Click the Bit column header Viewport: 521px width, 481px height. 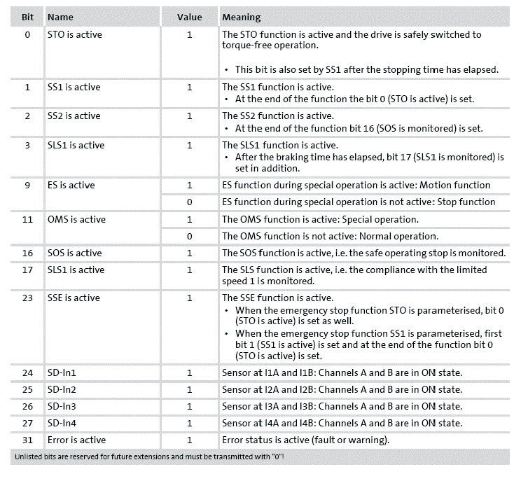27,17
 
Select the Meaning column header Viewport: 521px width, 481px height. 242,17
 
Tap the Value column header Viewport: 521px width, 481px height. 189,17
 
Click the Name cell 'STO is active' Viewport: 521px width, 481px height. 74,34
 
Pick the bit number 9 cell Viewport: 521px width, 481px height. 27,186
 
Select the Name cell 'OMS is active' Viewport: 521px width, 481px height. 76,219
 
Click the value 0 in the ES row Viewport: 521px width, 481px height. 189,202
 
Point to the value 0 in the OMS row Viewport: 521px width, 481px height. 189,236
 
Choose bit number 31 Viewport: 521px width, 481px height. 27,440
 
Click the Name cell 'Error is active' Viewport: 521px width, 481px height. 76,440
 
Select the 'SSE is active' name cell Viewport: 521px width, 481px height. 74,298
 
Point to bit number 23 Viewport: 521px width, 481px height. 27,298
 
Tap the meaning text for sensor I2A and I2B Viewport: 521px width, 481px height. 342,389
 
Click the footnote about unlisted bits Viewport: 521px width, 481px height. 151,457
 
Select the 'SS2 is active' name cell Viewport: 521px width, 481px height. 74,116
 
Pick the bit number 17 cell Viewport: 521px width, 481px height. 27,270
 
